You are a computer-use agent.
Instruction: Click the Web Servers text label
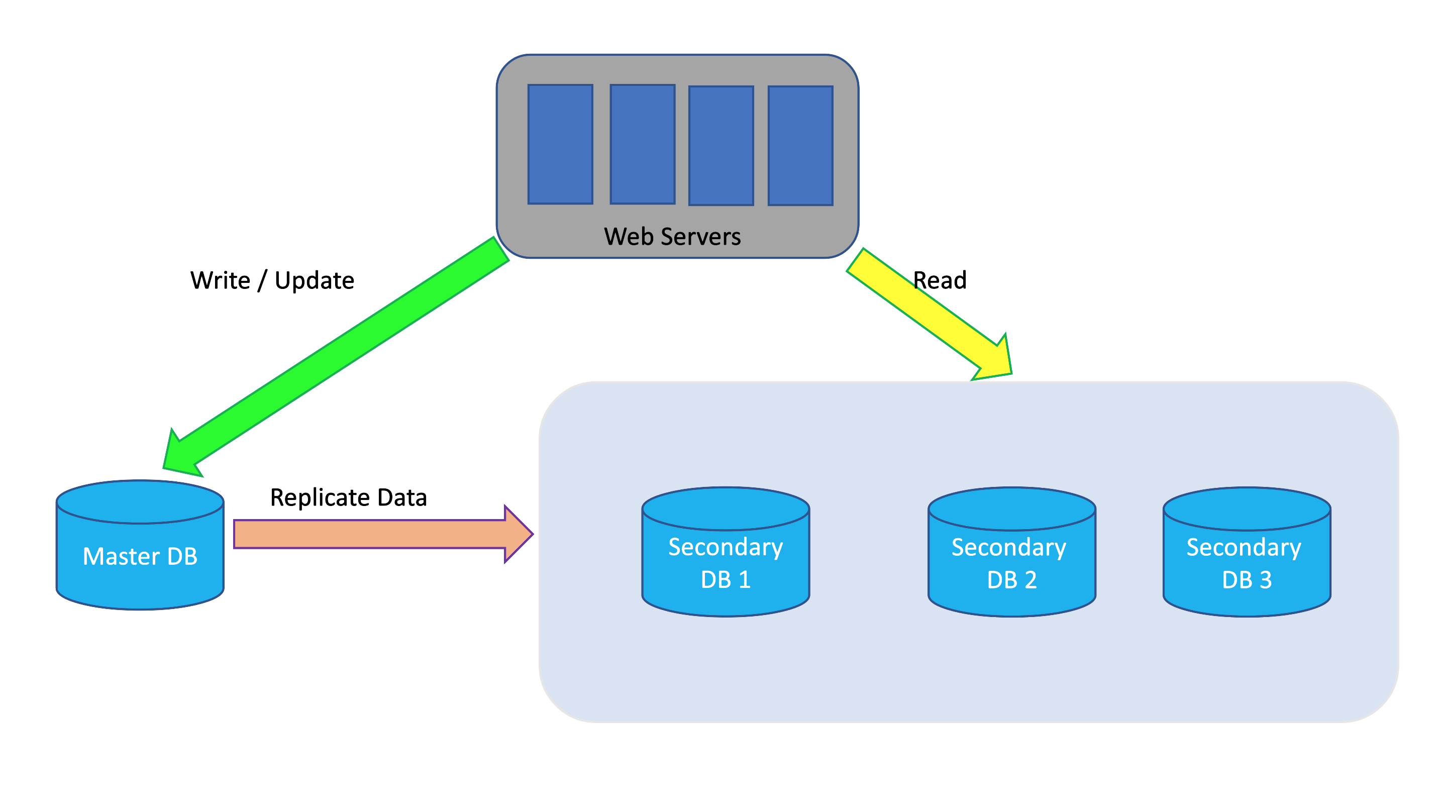point(672,236)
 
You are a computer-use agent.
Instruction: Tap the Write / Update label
point(272,280)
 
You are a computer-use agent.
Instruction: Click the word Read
point(940,280)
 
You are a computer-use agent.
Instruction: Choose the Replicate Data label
point(348,497)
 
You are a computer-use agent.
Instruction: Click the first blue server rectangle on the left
point(560,145)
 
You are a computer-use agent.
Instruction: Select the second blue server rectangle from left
point(643,145)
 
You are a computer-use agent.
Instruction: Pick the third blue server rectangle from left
point(721,146)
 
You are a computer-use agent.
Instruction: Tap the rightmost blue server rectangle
point(800,146)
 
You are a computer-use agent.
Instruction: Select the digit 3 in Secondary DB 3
point(1266,580)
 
